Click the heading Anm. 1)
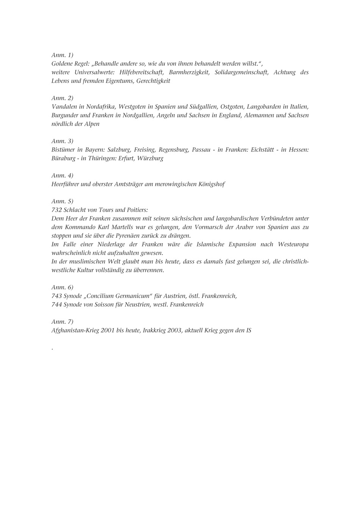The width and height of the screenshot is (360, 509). [62, 55]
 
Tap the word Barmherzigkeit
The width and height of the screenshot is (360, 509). [189, 72]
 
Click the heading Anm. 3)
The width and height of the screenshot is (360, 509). [62, 141]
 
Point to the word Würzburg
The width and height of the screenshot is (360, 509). [150, 158]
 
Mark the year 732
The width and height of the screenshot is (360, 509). [56, 210]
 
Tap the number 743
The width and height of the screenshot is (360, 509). [56, 296]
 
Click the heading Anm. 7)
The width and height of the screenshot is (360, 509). [62, 322]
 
